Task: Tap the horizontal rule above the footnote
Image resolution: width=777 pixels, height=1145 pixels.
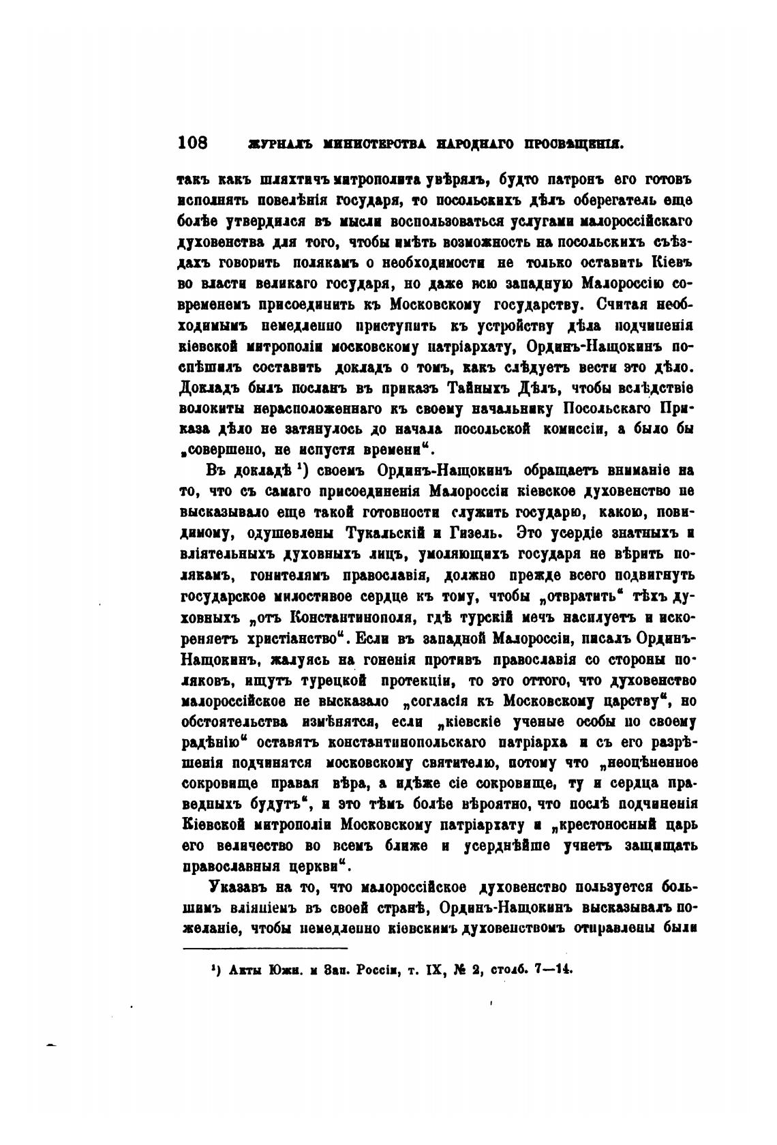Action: pyautogui.click(x=265, y=948)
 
